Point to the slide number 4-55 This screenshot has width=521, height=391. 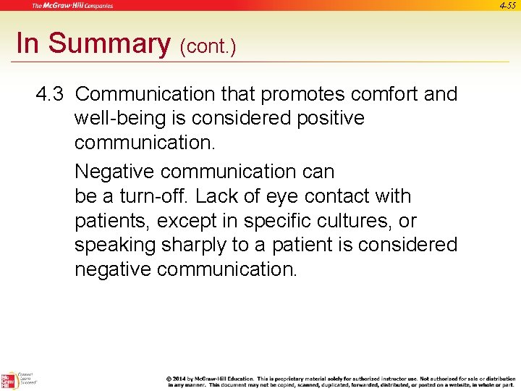click(x=507, y=5)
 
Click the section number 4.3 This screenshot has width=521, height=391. click(x=51, y=94)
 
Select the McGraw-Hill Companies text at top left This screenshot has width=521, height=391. click(x=72, y=6)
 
